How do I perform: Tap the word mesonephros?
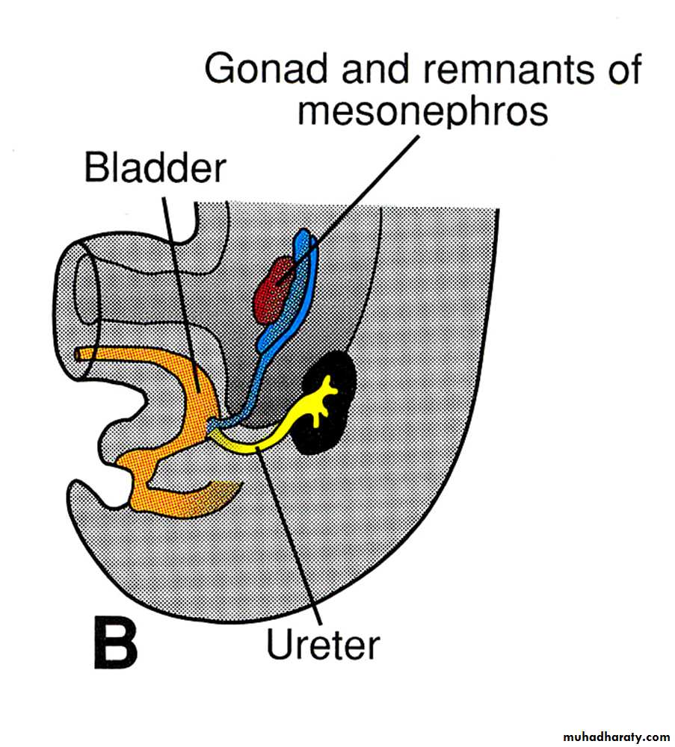(x=422, y=112)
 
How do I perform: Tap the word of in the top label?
(x=620, y=69)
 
